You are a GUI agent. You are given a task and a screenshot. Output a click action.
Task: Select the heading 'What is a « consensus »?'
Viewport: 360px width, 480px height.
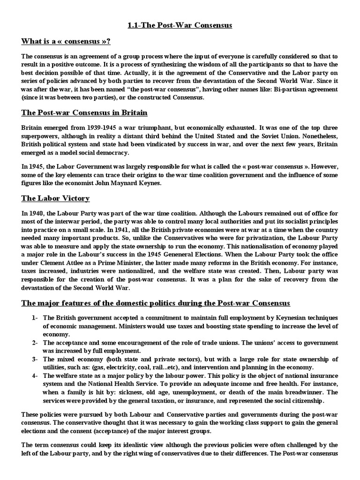click(x=66, y=42)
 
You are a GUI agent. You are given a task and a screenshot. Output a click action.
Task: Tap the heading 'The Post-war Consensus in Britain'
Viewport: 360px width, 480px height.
click(x=84, y=113)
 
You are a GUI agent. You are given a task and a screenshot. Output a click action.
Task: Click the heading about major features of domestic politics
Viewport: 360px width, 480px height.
click(x=156, y=303)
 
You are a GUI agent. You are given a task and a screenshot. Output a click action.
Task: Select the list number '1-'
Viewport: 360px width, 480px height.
click(x=35, y=318)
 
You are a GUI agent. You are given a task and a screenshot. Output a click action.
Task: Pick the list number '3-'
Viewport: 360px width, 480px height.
click(x=35, y=359)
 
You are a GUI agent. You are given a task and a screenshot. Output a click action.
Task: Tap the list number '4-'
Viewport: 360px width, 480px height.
click(x=35, y=375)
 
